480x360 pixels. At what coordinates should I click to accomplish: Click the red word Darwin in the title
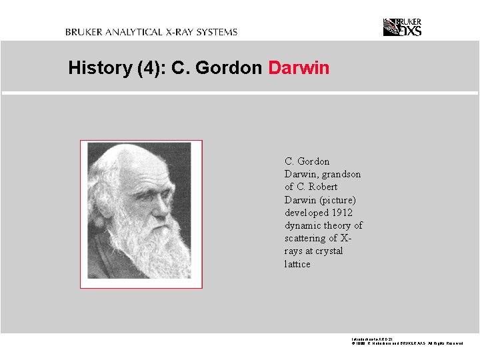pyautogui.click(x=299, y=68)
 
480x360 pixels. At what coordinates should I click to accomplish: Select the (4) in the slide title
pyautogui.click(x=150, y=68)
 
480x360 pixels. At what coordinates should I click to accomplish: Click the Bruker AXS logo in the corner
pyautogui.click(x=402, y=27)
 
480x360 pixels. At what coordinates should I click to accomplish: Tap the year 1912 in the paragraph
pyautogui.click(x=341, y=213)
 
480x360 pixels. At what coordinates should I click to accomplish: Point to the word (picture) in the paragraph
pyautogui.click(x=339, y=200)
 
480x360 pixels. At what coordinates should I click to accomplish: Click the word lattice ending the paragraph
pyautogui.click(x=297, y=264)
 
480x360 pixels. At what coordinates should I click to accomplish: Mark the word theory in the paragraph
pyautogui.click(x=338, y=225)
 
